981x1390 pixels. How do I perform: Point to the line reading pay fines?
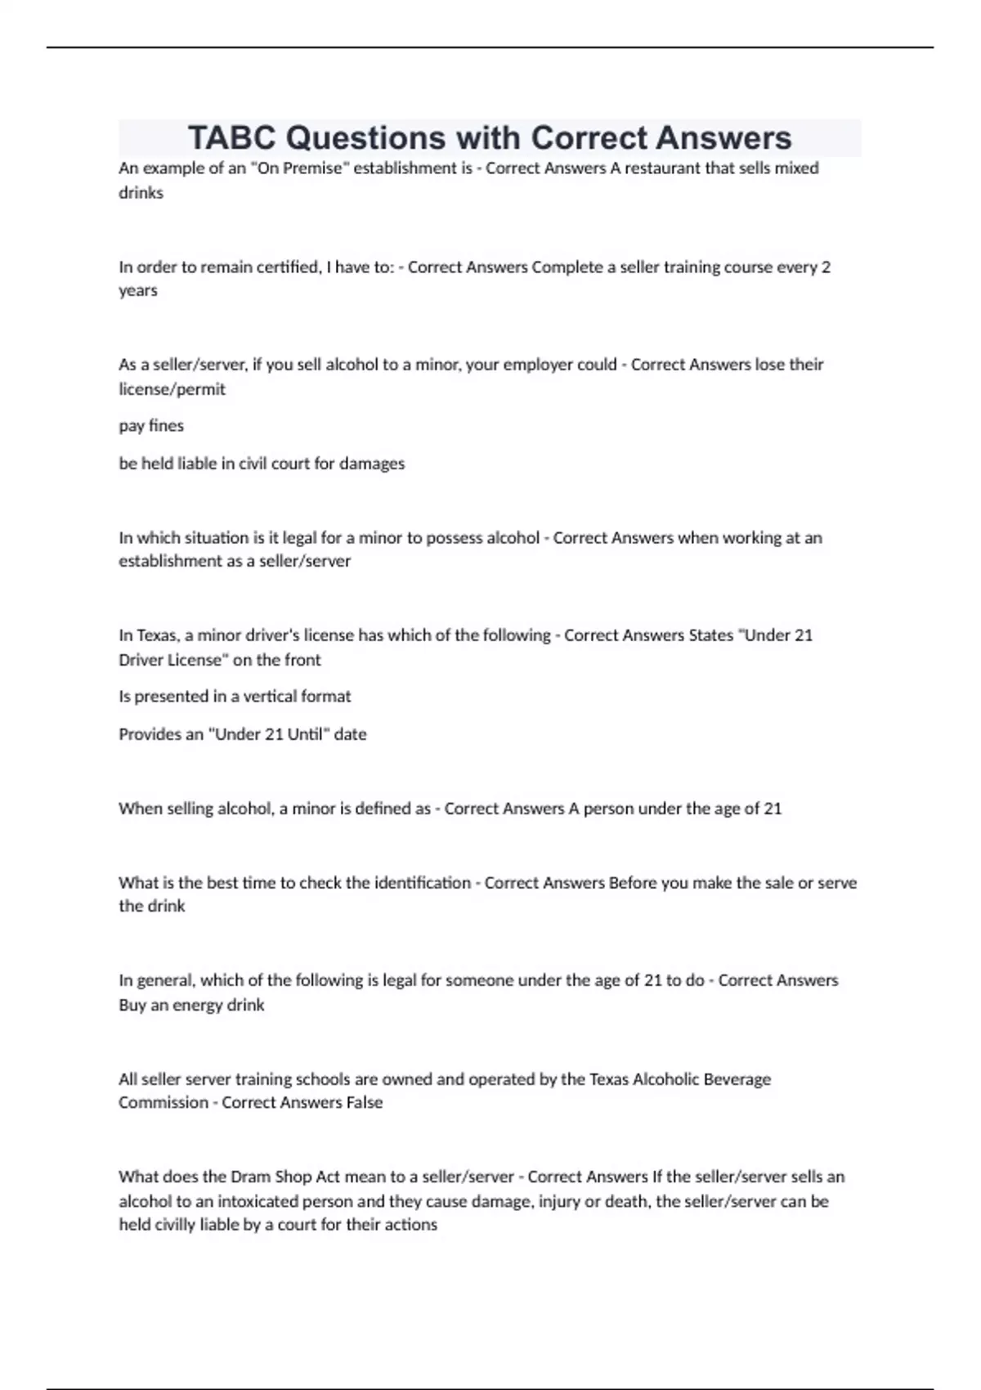[x=151, y=426]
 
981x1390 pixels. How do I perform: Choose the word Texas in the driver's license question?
[x=156, y=635]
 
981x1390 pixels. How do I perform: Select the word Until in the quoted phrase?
[x=307, y=734]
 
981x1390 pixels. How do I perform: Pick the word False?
[x=364, y=1103]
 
